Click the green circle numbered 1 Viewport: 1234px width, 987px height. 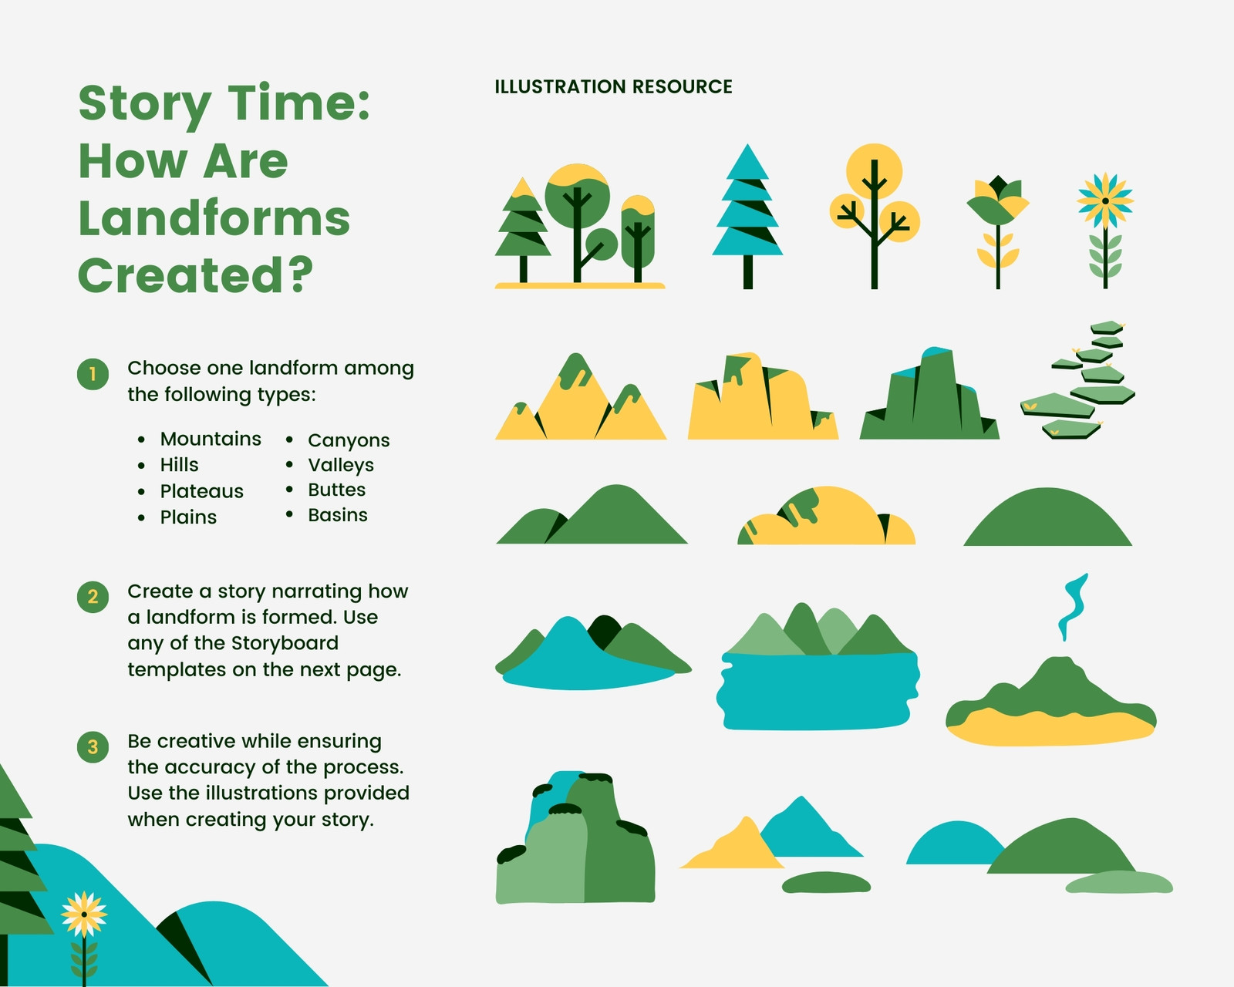93,375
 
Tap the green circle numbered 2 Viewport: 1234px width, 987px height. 93,597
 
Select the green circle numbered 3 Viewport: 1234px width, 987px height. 93,746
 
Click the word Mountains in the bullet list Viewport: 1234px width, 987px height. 211,439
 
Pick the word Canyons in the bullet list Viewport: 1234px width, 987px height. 349,440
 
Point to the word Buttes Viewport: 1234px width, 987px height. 336,490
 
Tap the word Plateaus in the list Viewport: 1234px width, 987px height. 202,491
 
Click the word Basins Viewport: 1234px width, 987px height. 338,515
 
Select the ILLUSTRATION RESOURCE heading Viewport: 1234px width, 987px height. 614,86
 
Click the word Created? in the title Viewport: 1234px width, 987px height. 196,275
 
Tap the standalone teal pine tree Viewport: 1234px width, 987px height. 747,216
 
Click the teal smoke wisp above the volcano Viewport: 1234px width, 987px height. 1074,607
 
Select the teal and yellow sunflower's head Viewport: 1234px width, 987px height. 1105,201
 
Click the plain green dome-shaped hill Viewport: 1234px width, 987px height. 1047,517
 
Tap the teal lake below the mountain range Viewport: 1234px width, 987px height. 817,691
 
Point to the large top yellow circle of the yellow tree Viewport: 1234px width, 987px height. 874,171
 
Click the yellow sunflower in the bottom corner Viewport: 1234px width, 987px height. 84,915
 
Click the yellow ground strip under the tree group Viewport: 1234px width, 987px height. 580,285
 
